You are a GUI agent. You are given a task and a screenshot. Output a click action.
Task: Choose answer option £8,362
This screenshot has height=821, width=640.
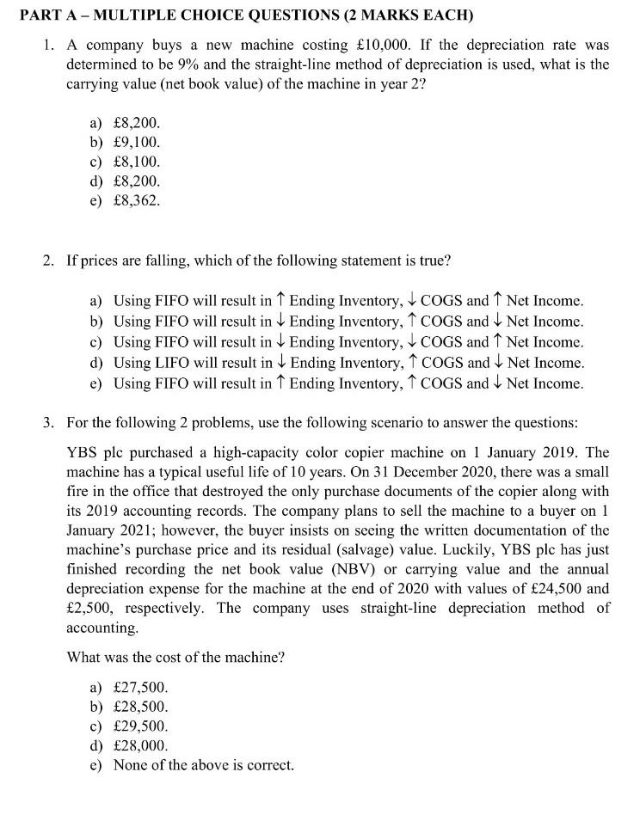pos(137,201)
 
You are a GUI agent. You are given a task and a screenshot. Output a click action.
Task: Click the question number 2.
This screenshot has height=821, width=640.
pos(48,260)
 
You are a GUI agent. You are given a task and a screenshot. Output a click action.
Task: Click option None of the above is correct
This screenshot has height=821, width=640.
pos(204,764)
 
